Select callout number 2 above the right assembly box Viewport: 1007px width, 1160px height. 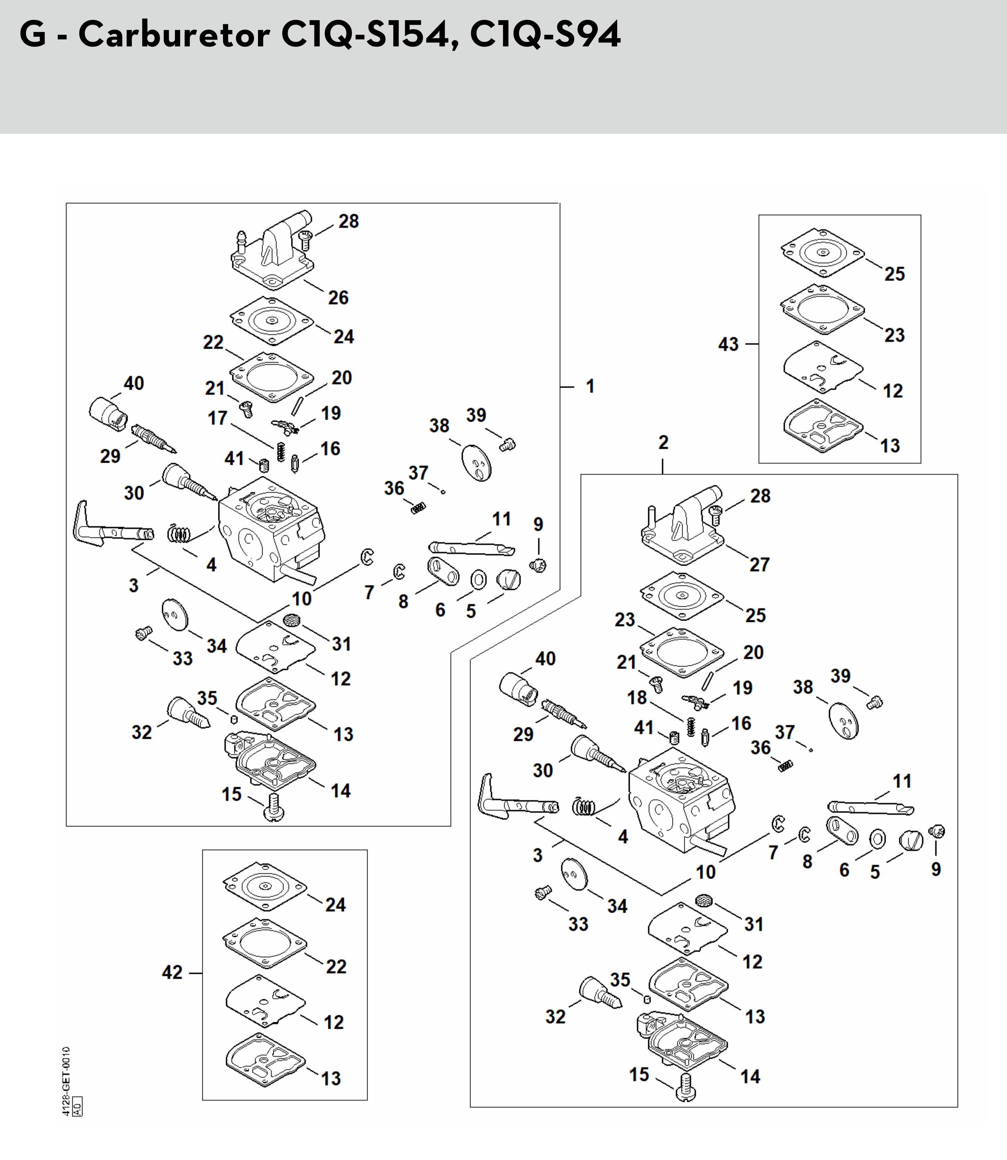tap(663, 442)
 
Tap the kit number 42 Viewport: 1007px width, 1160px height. tap(172, 972)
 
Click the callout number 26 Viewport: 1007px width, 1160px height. tap(338, 297)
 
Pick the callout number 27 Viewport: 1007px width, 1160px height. tap(759, 564)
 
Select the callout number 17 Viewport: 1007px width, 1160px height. tap(217, 418)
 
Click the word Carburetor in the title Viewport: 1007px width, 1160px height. tap(174, 35)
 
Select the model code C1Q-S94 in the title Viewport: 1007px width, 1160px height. tap(545, 35)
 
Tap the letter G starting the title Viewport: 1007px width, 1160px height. tap(33, 35)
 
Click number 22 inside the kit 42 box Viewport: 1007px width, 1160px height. tap(336, 967)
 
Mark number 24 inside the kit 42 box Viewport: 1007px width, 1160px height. tap(336, 905)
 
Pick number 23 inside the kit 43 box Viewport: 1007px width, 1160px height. tap(895, 335)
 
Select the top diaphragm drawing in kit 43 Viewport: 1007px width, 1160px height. tap(822, 253)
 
